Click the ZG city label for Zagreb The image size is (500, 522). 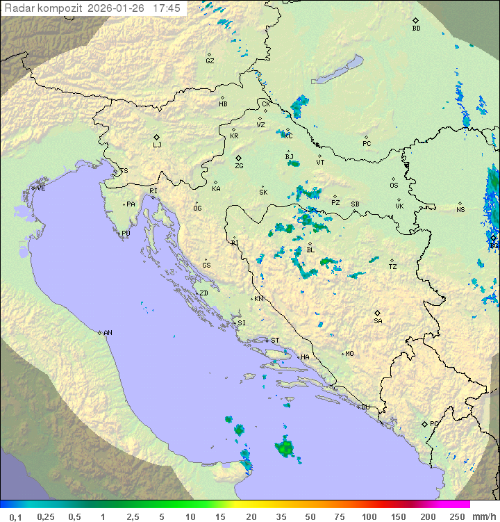point(239,167)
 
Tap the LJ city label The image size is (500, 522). point(157,145)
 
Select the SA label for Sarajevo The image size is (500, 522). point(378,321)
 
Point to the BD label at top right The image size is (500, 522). point(416,28)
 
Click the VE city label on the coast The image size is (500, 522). point(41,188)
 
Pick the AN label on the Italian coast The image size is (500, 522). point(108,333)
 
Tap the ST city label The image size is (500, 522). point(275,341)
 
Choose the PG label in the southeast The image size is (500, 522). point(434,423)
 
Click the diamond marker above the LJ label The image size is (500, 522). point(157,137)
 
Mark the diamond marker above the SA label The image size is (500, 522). point(378,313)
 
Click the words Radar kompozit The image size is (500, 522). point(45,8)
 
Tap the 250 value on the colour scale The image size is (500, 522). point(457,516)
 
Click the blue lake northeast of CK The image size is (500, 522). point(337,71)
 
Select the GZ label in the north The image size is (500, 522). point(210,61)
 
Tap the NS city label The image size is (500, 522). point(460,210)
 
